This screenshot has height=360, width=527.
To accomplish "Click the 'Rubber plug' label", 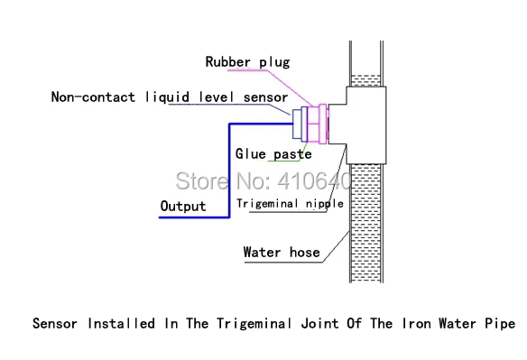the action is (x=247, y=62).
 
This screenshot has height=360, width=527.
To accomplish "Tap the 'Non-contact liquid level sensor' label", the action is (x=170, y=97).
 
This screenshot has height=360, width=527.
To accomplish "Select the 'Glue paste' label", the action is (x=273, y=154).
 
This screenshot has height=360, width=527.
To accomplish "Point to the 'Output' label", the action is (x=183, y=206).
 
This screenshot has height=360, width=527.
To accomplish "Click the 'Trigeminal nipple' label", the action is (x=290, y=203).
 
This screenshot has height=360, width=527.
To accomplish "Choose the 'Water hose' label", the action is (x=282, y=252).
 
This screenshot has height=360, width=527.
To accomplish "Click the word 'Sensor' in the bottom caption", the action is (x=55, y=323).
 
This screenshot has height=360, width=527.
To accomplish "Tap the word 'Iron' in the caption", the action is (x=416, y=323).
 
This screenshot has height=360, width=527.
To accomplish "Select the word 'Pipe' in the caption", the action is (x=500, y=324).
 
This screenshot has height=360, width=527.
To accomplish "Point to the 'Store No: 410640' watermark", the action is (x=263, y=181).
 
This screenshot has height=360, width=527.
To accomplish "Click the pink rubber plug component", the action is (x=319, y=124).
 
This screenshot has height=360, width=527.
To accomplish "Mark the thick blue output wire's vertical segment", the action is (x=229, y=171).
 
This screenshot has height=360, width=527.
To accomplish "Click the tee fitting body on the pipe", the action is (x=365, y=125).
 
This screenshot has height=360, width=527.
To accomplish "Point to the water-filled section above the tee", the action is (x=365, y=80).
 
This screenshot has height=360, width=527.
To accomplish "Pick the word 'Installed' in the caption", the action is (x=121, y=323).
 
